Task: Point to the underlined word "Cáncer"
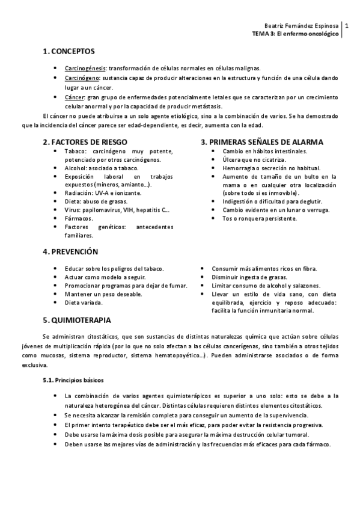75,97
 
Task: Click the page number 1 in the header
347,26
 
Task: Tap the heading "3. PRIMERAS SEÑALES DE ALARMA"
261,142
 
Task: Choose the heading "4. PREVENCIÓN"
70,251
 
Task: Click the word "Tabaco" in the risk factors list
75,152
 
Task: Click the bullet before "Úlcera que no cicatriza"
213,160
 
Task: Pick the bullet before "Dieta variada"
55,303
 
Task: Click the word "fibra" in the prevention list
310,268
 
